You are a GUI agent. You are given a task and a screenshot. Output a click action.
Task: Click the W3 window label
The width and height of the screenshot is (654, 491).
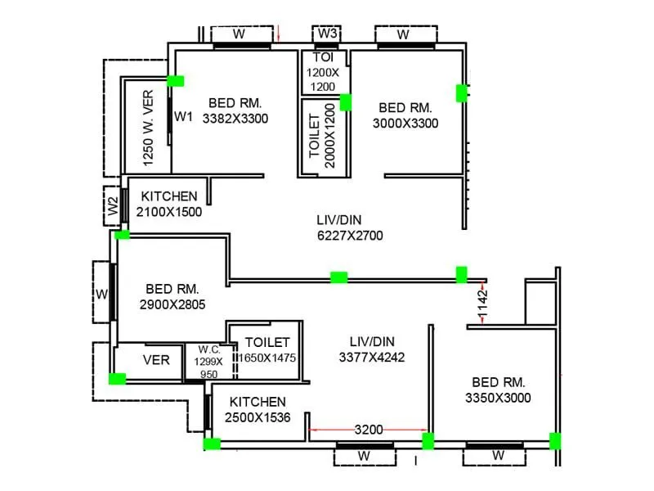tap(327, 34)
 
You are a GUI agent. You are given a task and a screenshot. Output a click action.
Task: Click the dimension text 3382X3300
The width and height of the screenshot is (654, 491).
tap(235, 119)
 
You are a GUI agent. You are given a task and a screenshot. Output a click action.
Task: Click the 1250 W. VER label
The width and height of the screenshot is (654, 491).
tap(148, 128)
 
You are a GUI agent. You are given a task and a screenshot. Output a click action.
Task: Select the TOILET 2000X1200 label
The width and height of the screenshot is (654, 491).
tap(323, 135)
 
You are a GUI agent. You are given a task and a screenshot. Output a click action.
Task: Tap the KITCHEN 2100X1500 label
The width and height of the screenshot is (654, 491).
tap(169, 204)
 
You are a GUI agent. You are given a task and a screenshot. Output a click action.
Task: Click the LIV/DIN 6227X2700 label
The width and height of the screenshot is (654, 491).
tap(350, 227)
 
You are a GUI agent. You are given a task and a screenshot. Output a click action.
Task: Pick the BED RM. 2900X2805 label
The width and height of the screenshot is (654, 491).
tap(172, 296)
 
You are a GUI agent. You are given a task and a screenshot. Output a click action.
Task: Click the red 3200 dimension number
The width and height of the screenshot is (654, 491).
tap(368, 429)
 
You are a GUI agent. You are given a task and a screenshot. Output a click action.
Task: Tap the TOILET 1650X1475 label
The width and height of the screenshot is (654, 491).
tap(267, 350)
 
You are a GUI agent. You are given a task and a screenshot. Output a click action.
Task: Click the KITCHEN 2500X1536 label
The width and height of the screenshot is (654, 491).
tap(258, 409)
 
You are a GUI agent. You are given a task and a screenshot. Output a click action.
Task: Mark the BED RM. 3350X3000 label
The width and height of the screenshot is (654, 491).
tap(498, 390)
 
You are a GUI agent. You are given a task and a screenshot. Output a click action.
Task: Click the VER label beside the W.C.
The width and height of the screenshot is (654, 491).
tap(156, 359)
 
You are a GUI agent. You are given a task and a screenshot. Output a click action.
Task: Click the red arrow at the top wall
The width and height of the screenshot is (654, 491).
tap(279, 34)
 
